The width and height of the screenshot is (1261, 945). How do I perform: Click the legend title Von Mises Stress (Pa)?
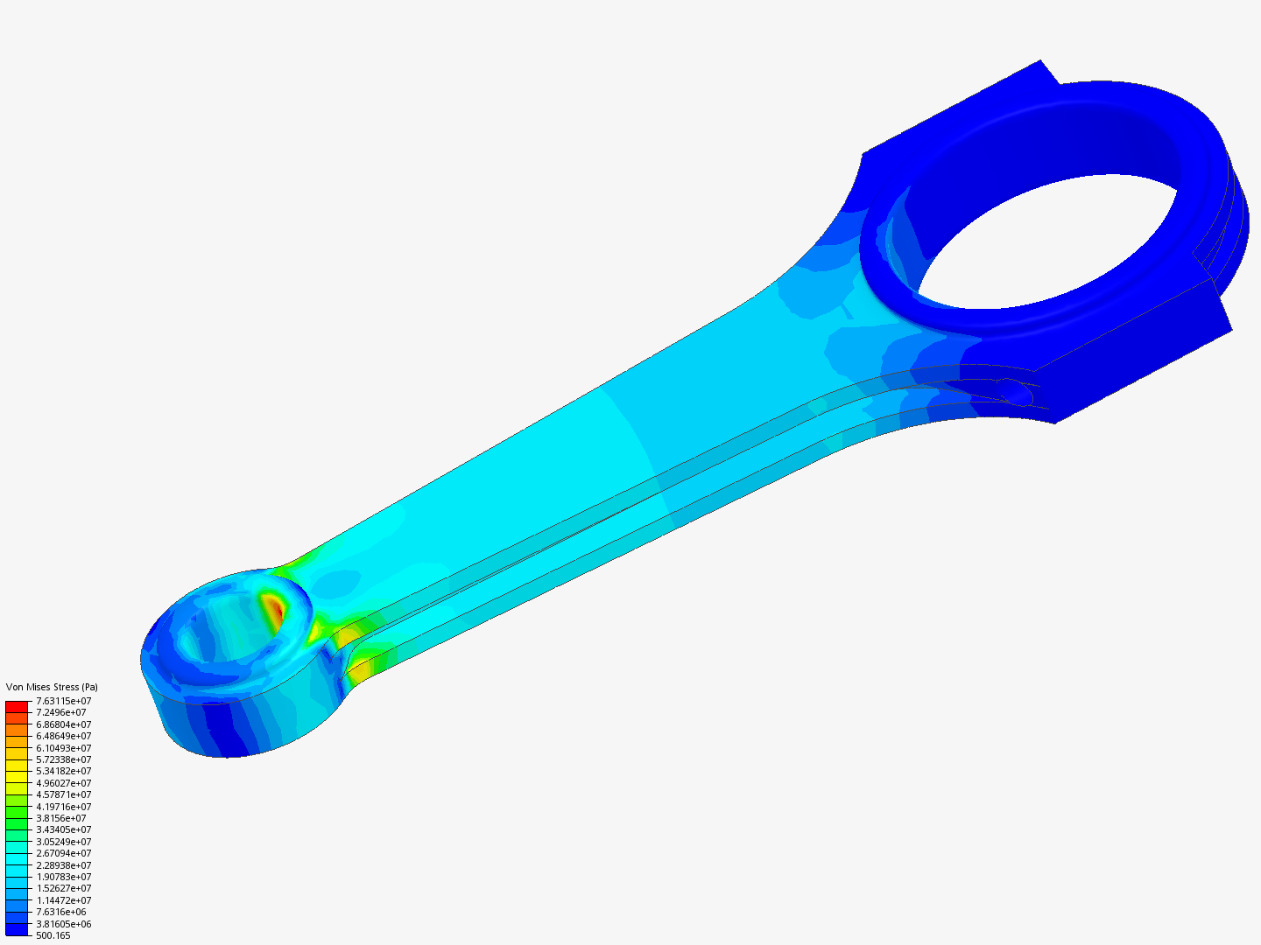(x=52, y=687)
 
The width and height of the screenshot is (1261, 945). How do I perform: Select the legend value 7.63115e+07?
(x=63, y=701)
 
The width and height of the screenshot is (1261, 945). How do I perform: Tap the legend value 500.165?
(x=53, y=935)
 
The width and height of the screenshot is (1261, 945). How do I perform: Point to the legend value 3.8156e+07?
(x=60, y=818)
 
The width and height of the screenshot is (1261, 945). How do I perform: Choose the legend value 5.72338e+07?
(x=63, y=759)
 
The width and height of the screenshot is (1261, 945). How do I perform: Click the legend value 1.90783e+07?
(x=63, y=877)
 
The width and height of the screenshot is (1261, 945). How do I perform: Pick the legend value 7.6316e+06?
(x=60, y=912)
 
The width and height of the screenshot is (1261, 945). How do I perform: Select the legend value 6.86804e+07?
(x=63, y=724)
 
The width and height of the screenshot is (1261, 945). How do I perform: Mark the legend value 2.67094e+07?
(x=63, y=853)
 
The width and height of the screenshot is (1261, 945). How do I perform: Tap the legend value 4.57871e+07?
(x=63, y=794)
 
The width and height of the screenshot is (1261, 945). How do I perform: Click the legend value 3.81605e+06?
(x=63, y=924)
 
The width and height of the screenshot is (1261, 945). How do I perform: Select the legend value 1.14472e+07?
(x=63, y=900)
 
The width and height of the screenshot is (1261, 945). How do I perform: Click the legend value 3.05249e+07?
(x=63, y=842)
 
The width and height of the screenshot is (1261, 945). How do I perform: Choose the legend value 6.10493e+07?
(x=63, y=748)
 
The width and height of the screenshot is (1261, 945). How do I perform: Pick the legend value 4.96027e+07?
(x=63, y=783)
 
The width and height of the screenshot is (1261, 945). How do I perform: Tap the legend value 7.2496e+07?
(x=60, y=712)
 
